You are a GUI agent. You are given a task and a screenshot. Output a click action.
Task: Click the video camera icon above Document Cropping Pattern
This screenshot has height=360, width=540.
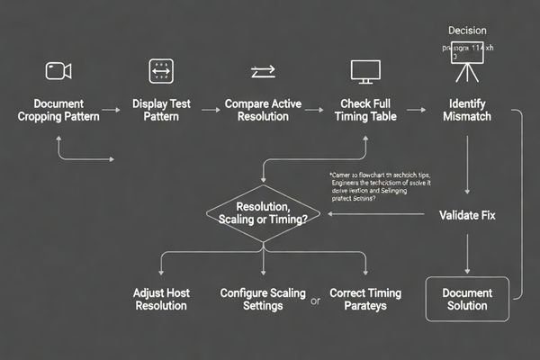tap(58, 70)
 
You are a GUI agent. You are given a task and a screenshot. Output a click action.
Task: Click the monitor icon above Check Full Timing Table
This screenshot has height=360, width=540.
tap(364, 71)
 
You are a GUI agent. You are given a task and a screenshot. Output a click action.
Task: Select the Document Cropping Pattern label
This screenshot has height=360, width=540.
tap(58, 111)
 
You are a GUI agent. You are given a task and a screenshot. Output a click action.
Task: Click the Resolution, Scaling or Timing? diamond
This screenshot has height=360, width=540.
tap(262, 215)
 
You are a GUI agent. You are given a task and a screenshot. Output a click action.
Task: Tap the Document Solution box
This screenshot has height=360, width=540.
tap(468, 300)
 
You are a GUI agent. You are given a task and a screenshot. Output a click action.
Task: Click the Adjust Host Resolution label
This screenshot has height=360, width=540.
tap(161, 300)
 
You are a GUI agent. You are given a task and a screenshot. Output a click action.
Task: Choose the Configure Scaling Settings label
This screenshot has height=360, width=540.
tap(263, 300)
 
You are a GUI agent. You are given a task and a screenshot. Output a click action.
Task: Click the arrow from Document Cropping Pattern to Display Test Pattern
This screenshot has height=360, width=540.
tap(110, 111)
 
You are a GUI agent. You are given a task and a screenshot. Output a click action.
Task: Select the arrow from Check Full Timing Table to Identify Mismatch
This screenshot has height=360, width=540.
tap(415, 111)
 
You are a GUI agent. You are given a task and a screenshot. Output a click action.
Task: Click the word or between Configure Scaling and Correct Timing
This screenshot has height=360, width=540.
tap(315, 301)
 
